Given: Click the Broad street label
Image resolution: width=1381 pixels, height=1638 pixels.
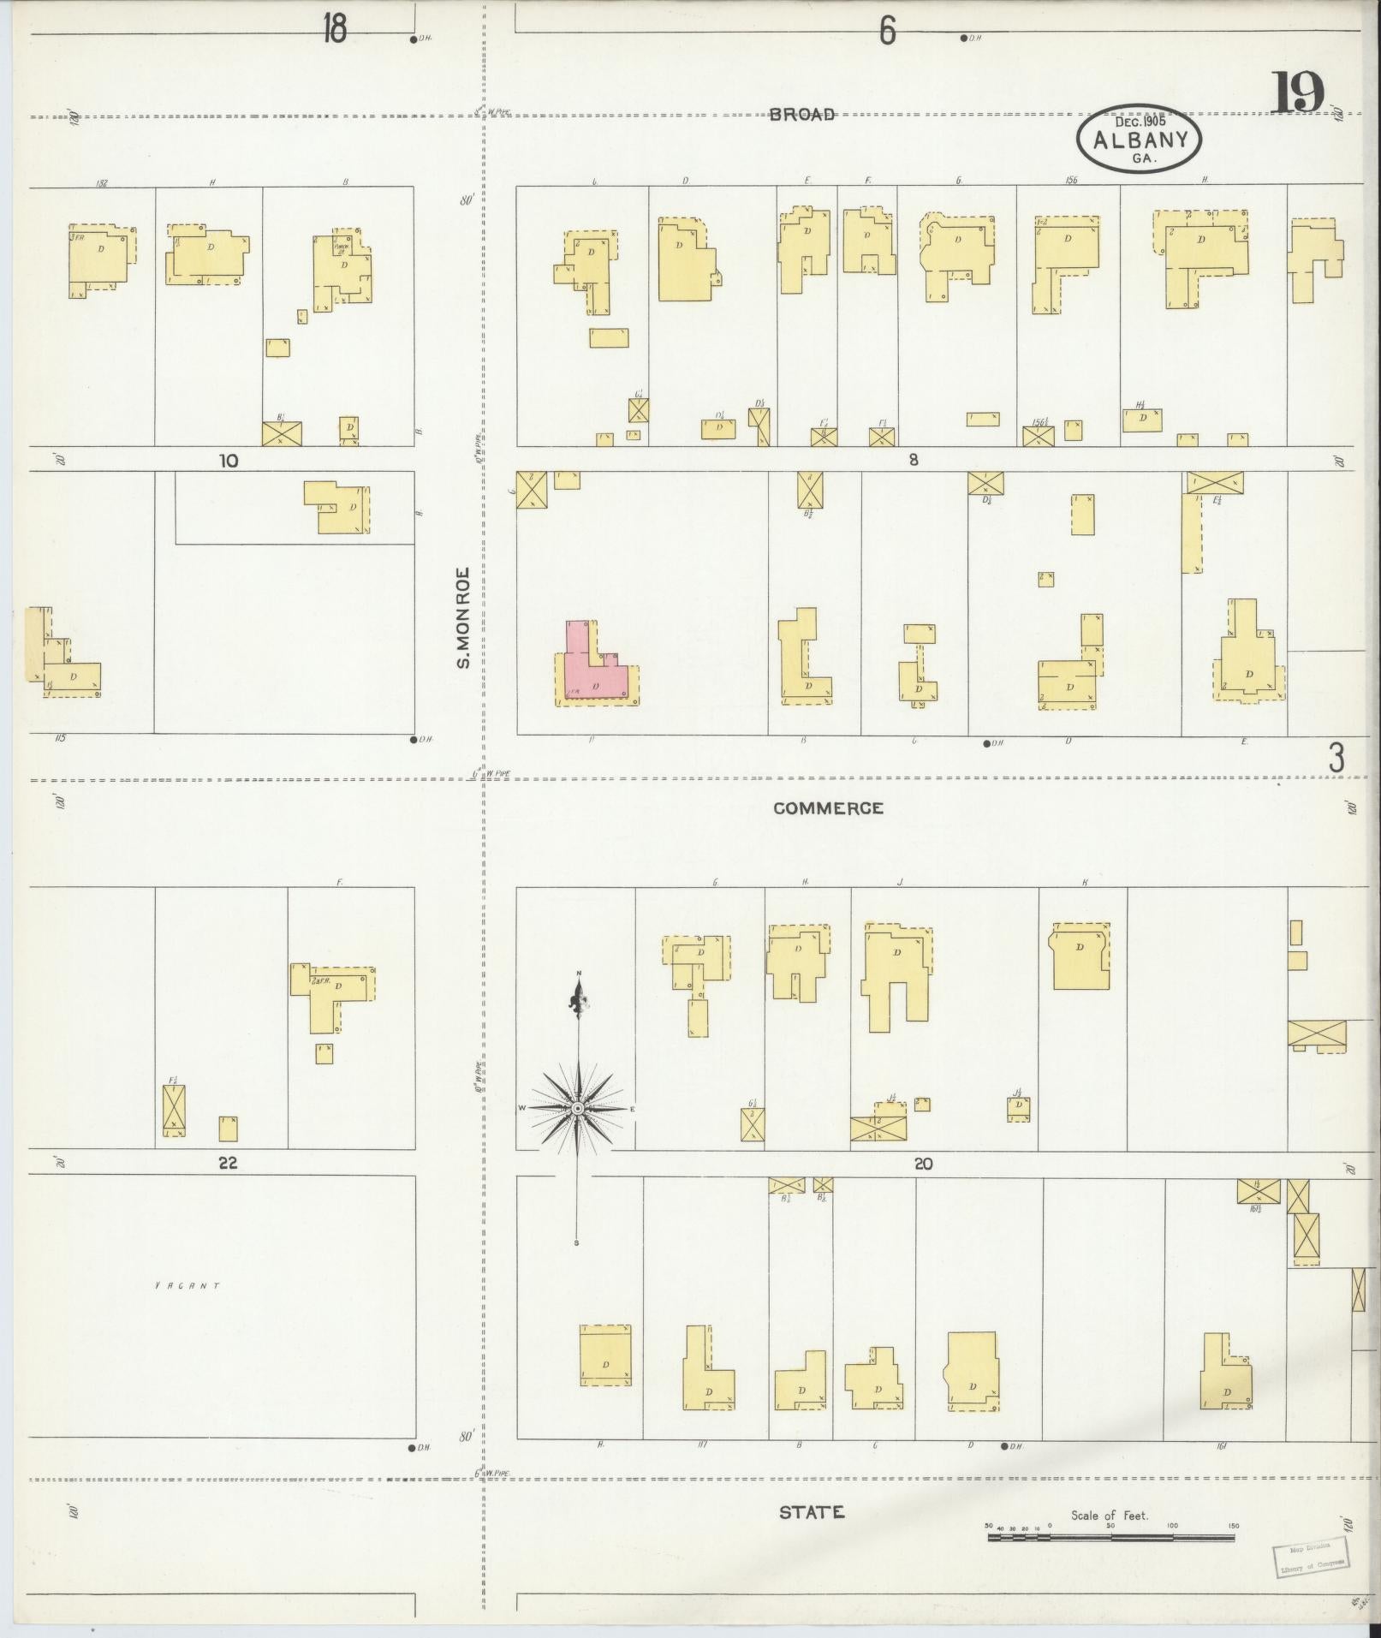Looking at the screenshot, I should pos(801,115).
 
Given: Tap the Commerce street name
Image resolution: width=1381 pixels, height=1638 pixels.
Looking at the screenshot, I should pos(828,808).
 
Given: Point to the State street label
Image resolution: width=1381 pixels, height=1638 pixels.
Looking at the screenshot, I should pos(811,1513).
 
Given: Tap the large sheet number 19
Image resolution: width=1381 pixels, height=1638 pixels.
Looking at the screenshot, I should pos(1297,92).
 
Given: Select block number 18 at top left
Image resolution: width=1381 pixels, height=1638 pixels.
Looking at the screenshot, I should pos(335,31).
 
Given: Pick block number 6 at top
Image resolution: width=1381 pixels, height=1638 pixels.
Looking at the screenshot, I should pos(887,32).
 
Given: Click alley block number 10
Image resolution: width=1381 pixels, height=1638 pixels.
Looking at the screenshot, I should pos(228,461).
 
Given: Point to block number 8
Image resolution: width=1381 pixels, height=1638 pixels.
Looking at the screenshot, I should pos(914,460).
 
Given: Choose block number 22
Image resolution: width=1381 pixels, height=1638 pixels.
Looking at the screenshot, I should pos(227,1164).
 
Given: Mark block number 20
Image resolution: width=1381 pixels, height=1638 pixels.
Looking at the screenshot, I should pos(923,1164).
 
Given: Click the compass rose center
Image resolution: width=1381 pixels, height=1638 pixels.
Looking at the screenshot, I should pos(578,1109).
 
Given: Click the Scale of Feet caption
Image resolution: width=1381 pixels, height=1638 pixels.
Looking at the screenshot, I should pos(1110,1516).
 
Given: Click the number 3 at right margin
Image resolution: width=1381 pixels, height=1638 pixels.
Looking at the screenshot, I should pos(1336,758).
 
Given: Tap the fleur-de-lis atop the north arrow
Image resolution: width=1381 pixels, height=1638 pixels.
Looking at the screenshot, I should pos(580,1000).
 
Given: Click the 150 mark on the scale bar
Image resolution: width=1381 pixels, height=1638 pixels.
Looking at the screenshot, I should pos(1234,1526).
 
